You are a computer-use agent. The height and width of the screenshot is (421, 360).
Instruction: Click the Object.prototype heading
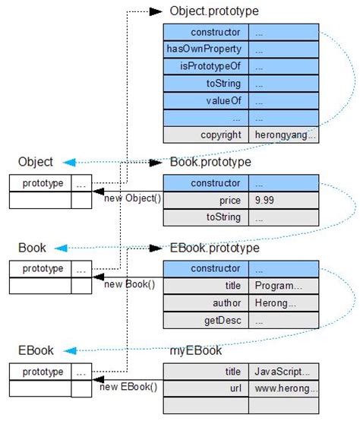[214, 11]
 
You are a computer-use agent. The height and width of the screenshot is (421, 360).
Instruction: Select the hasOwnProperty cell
[205, 49]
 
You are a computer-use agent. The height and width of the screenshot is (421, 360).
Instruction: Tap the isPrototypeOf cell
[205, 66]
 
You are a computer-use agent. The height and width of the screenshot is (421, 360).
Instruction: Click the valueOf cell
[205, 100]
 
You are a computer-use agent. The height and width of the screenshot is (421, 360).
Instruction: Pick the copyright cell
[205, 135]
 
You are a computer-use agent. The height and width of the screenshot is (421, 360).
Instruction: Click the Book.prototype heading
[210, 162]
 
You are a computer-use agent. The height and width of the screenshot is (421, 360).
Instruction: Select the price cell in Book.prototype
[205, 201]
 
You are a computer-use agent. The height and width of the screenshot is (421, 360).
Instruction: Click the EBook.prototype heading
[215, 248]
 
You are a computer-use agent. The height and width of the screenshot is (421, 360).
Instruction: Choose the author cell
[205, 302]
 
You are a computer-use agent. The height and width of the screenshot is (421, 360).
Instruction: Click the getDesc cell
[205, 320]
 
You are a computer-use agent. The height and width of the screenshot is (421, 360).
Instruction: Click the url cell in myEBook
[205, 388]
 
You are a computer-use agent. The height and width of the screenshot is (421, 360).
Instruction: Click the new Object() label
[128, 198]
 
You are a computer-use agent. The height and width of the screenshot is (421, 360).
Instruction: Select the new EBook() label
[128, 387]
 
